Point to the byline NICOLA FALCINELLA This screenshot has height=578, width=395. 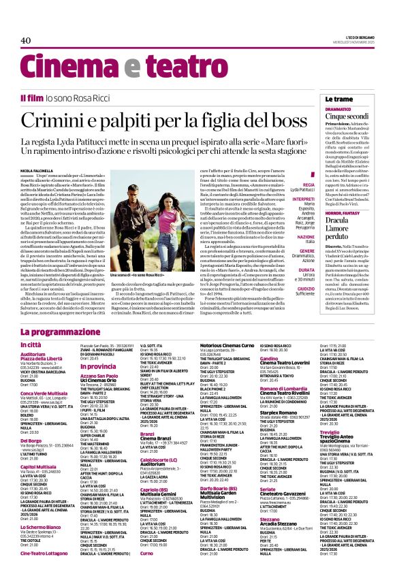click(38, 170)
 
